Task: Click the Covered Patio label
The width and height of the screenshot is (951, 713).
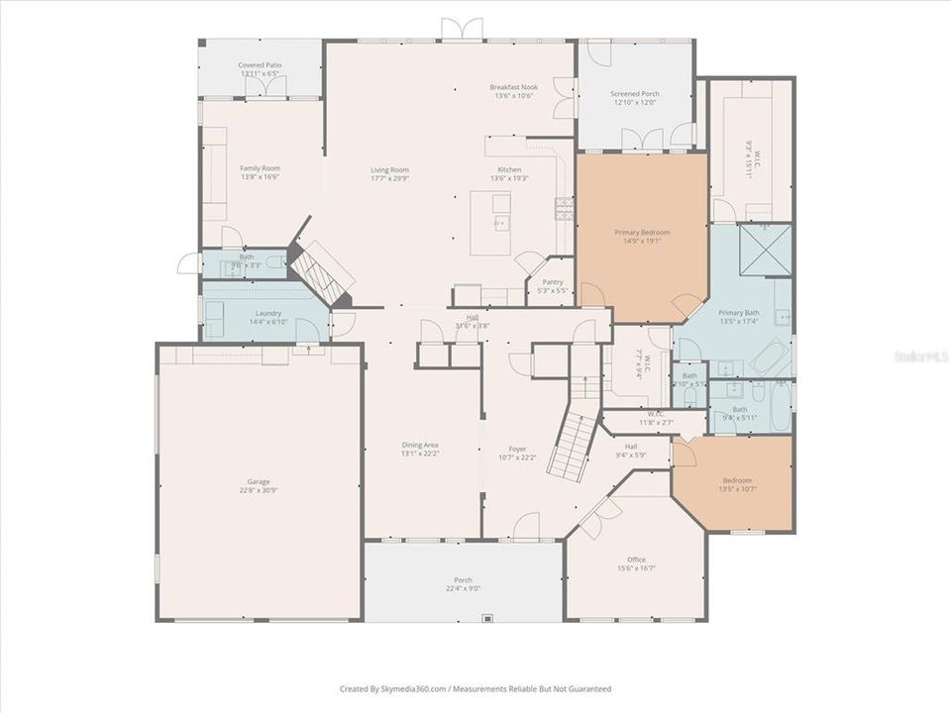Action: tap(260, 68)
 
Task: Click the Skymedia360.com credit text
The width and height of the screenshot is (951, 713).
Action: tap(475, 688)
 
